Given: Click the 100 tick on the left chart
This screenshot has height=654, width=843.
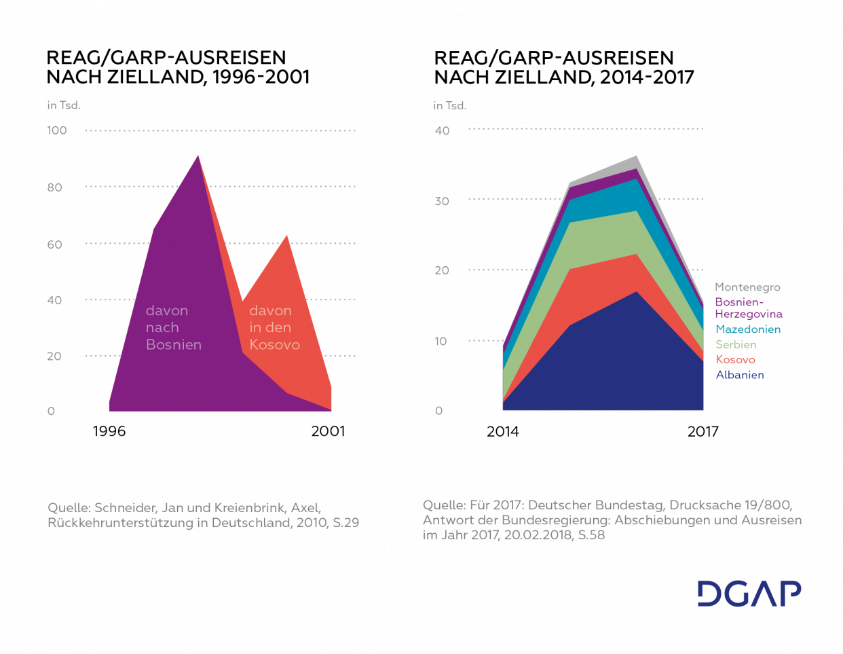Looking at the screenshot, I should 57,130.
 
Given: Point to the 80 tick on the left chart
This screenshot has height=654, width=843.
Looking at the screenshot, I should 55,187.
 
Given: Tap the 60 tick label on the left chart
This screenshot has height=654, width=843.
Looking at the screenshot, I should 55,244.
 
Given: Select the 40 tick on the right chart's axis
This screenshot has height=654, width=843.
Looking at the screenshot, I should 443,131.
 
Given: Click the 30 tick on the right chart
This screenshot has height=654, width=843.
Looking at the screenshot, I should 443,202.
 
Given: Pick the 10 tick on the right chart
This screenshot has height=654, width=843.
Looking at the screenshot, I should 441,342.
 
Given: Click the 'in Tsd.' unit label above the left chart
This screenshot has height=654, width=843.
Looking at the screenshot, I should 64,105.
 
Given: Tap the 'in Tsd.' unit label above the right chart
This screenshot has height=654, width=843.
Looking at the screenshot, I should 450,106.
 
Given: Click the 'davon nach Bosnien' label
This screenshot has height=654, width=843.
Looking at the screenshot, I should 173,327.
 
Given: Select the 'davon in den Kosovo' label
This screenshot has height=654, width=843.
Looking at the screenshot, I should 274,327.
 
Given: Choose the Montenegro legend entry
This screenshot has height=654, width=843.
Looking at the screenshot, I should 747,287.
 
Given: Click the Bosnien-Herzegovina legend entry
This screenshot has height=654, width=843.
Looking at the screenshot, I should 748,308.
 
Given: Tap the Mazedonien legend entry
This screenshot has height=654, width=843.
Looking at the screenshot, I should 748,329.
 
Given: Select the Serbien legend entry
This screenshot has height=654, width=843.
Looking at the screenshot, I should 736,344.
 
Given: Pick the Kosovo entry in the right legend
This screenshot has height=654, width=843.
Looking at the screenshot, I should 736,360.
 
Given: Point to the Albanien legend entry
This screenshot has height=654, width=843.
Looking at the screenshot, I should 740,375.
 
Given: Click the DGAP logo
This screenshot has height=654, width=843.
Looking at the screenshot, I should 749,594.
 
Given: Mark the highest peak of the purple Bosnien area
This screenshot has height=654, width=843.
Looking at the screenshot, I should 198,156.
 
